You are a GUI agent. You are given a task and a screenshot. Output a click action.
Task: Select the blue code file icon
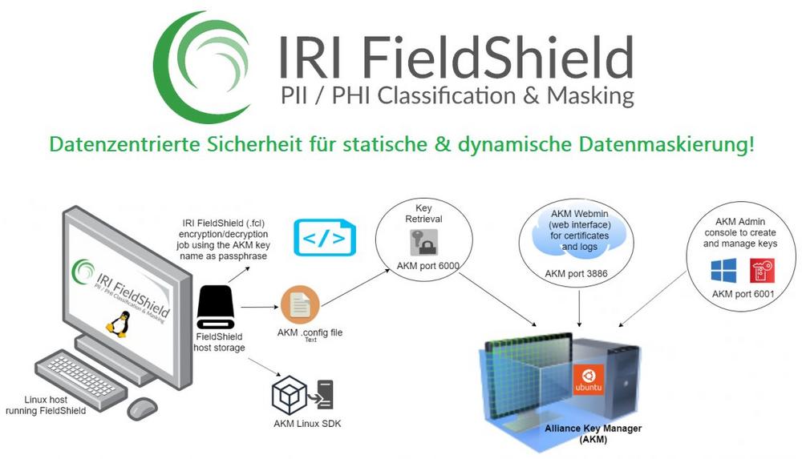325,236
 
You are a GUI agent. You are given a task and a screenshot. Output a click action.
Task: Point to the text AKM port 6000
427,266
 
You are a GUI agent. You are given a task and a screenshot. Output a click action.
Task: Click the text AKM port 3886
576,274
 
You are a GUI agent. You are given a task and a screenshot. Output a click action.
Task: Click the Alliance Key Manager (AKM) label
593,433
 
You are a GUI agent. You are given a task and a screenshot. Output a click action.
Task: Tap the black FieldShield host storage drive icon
214,307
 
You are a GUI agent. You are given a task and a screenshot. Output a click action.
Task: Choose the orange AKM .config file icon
300,305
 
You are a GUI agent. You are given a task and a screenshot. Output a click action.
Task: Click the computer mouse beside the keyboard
142,409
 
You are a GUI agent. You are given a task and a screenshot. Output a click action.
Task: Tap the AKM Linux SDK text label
307,424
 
